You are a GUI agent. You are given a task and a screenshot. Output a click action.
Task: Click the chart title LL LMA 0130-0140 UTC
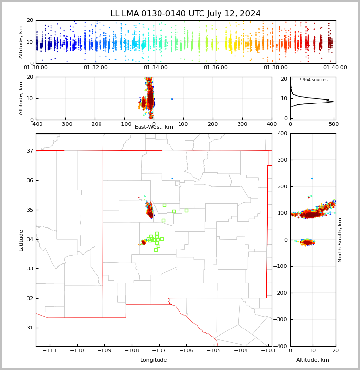(x=185, y=14)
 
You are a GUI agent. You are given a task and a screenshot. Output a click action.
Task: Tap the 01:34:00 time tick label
(x=156, y=68)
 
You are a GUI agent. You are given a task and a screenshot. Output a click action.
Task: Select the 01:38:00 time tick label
(x=276, y=68)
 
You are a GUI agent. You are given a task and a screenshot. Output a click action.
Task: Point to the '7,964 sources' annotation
(x=313, y=80)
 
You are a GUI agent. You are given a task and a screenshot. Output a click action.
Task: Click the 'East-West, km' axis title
(x=154, y=127)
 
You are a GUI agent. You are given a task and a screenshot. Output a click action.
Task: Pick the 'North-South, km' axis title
(x=340, y=240)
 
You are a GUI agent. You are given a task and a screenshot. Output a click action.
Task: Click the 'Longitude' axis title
(x=154, y=360)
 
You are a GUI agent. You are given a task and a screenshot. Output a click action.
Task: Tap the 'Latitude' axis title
(x=21, y=240)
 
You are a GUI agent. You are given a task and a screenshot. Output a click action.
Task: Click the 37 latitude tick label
(x=29, y=151)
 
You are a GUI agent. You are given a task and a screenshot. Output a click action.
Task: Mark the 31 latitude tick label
(x=29, y=328)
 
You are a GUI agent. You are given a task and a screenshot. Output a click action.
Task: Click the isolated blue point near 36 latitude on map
(x=172, y=178)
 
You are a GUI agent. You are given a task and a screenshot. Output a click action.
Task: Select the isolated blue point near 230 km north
(x=312, y=178)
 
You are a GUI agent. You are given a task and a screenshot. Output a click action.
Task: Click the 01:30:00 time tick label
(x=36, y=68)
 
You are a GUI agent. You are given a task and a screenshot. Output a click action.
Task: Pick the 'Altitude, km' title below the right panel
(x=313, y=360)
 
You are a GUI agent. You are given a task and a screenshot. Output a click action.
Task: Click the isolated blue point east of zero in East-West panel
(x=171, y=99)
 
